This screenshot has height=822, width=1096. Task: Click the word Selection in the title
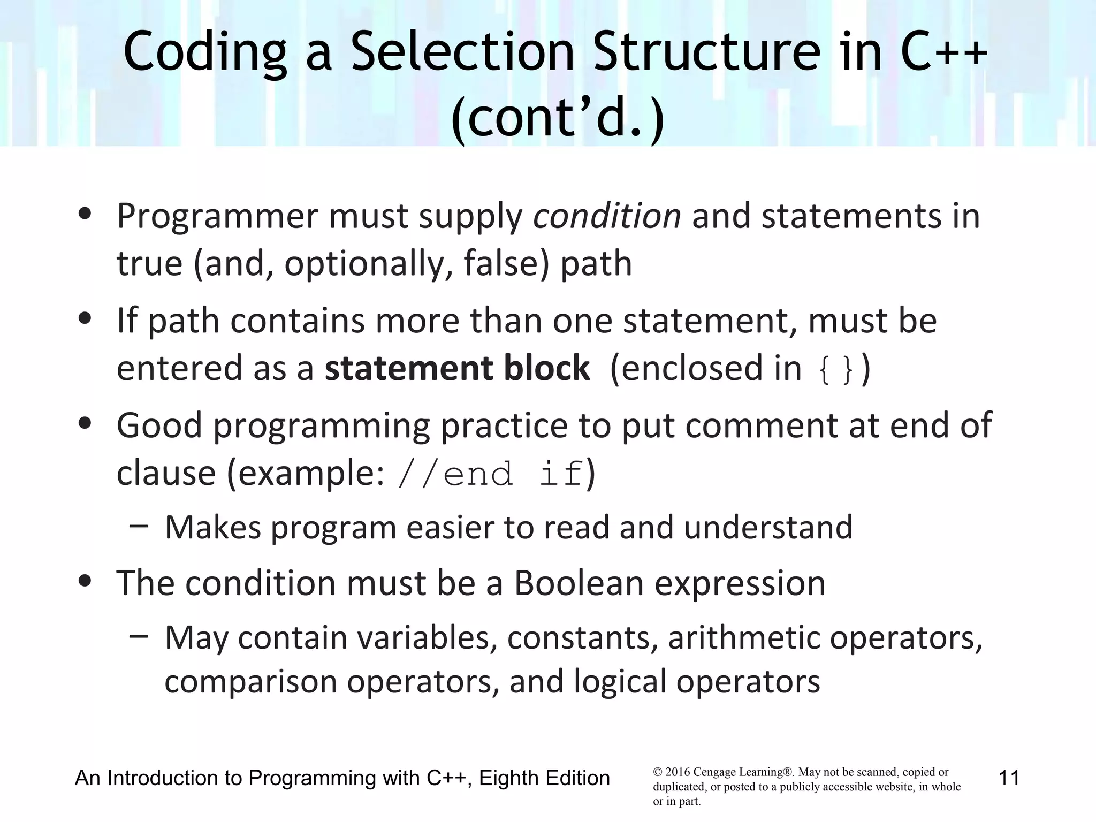tap(462, 52)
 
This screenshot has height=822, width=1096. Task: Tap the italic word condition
tap(607, 216)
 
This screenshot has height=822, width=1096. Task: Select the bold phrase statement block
tap(457, 368)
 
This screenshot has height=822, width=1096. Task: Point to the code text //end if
tap(490, 474)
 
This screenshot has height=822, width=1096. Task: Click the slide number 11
tap(1009, 778)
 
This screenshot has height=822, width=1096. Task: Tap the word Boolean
tap(579, 583)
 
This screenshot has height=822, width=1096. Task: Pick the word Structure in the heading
tap(707, 52)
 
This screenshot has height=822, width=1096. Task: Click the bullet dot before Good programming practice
tap(85, 423)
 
